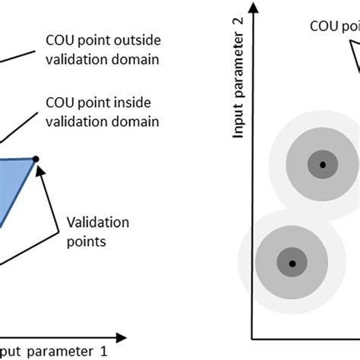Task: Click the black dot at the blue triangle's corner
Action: tap(36, 159)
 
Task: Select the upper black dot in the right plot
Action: tap(323, 164)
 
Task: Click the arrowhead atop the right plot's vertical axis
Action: tap(259, 9)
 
